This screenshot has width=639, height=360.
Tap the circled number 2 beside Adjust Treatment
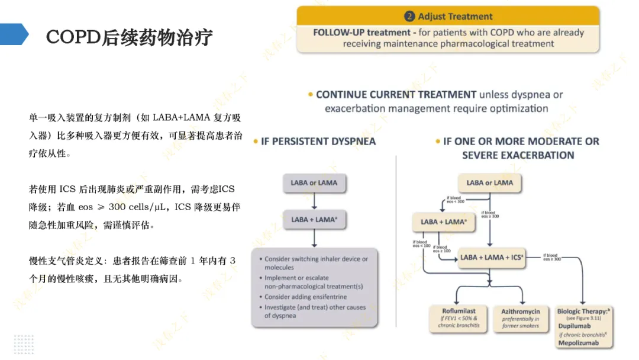(x=409, y=17)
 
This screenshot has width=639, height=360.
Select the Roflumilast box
(x=459, y=318)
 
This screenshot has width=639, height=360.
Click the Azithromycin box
(x=521, y=318)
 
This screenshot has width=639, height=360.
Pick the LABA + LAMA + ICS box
(x=492, y=258)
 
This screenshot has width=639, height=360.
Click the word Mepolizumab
(x=579, y=343)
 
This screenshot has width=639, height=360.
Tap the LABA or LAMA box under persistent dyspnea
(x=314, y=183)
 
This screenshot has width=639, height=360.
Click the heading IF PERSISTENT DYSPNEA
(x=318, y=142)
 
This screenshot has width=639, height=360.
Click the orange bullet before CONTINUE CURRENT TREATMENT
(x=311, y=95)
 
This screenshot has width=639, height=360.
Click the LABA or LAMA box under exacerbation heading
(x=489, y=183)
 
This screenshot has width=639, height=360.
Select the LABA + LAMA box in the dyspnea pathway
(x=314, y=220)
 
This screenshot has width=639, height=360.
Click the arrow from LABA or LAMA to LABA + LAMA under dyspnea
(x=314, y=201)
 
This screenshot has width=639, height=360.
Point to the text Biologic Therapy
(x=582, y=311)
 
